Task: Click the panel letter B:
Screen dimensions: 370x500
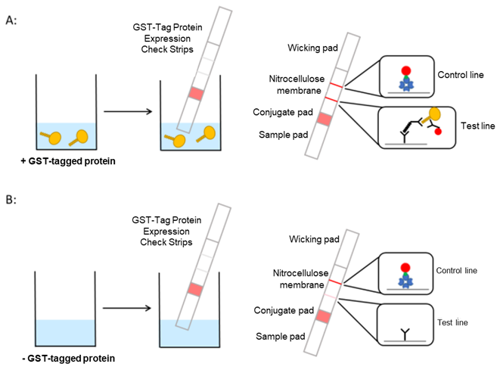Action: [x=13, y=200]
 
